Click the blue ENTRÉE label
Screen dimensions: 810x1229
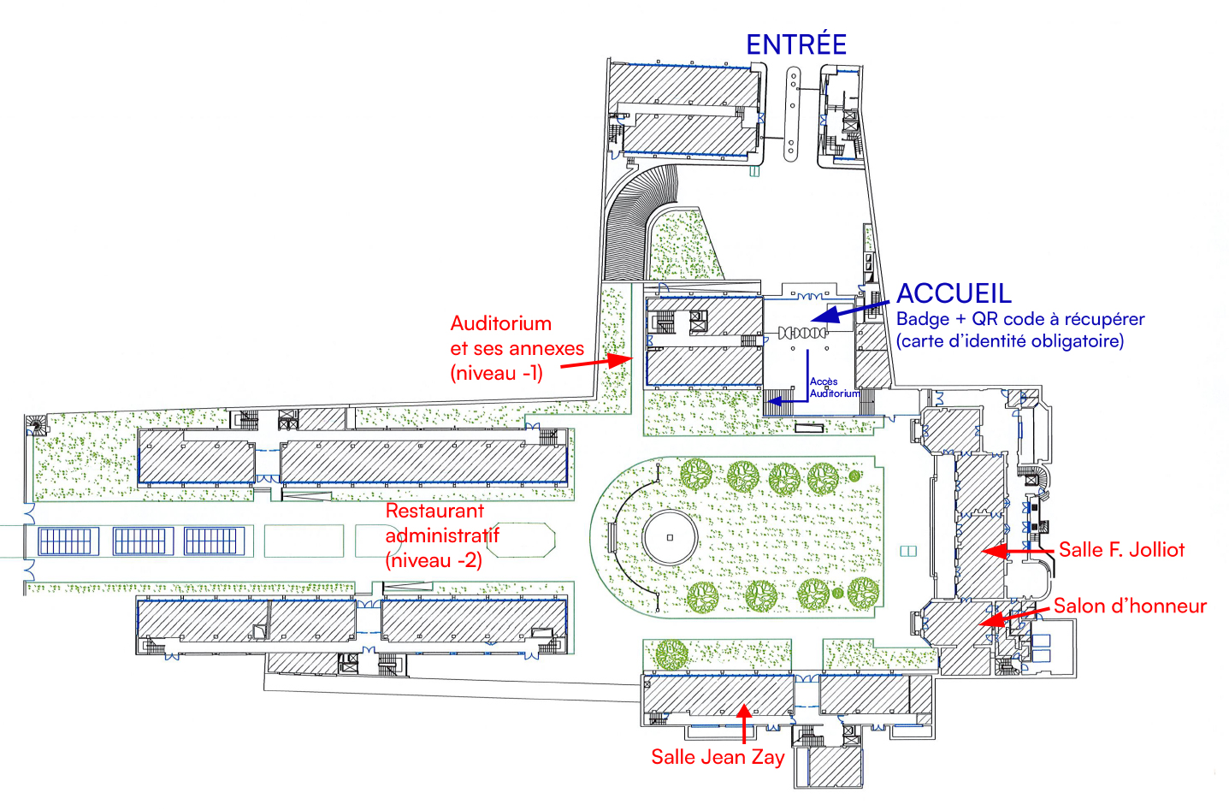(795, 44)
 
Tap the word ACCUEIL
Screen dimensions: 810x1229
(954, 293)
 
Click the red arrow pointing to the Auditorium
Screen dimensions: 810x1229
(595, 363)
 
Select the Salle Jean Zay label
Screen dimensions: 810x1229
(718, 757)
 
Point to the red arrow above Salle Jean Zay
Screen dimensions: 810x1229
(744, 722)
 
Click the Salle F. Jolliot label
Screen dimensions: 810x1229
(1121, 550)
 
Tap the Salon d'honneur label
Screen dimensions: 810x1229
(1129, 606)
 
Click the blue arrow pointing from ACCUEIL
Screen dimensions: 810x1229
(850, 310)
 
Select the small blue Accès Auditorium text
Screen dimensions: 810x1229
(833, 387)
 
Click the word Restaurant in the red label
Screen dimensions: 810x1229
(434, 511)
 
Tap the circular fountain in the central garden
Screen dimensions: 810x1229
(670, 537)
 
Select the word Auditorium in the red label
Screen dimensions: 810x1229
(500, 324)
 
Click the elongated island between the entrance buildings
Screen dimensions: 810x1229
(793, 115)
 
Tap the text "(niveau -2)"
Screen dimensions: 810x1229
(434, 561)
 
